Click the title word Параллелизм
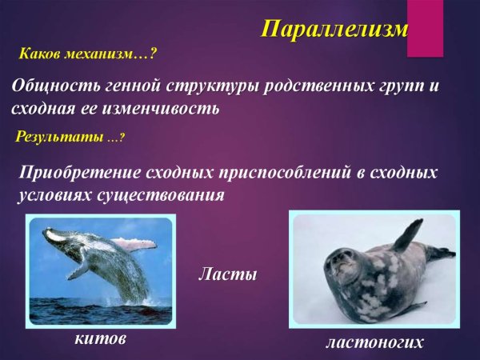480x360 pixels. tap(335, 30)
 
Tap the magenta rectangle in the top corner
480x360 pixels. tap(425, 28)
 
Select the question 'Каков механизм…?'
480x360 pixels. tap(87, 55)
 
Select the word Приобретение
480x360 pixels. tap(78, 172)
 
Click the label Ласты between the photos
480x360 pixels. tap(227, 276)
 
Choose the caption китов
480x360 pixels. tap(100, 339)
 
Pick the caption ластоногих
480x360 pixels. tap(374, 342)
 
